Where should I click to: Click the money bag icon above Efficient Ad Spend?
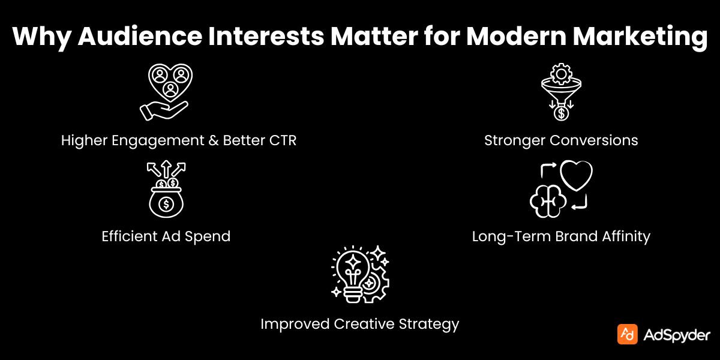pos(166,188)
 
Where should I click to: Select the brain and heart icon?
pos(561,188)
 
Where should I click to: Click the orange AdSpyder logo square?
pos(627,334)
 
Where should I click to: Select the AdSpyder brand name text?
pos(677,335)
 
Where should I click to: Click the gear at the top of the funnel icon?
pos(562,74)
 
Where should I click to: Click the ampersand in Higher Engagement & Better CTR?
pos(212,141)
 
